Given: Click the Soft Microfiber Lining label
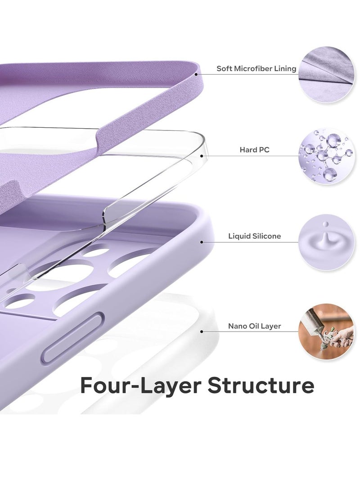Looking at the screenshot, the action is [x=256, y=68].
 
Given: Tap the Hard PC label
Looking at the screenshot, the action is [x=254, y=150].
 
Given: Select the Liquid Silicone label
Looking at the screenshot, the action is [x=254, y=236].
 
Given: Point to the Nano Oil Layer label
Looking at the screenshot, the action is [x=254, y=326].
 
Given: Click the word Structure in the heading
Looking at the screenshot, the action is [x=261, y=385].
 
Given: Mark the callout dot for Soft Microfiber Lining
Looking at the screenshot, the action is [x=196, y=75].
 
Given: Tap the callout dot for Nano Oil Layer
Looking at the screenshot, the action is [x=202, y=332].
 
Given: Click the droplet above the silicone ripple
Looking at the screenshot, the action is [x=326, y=224].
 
